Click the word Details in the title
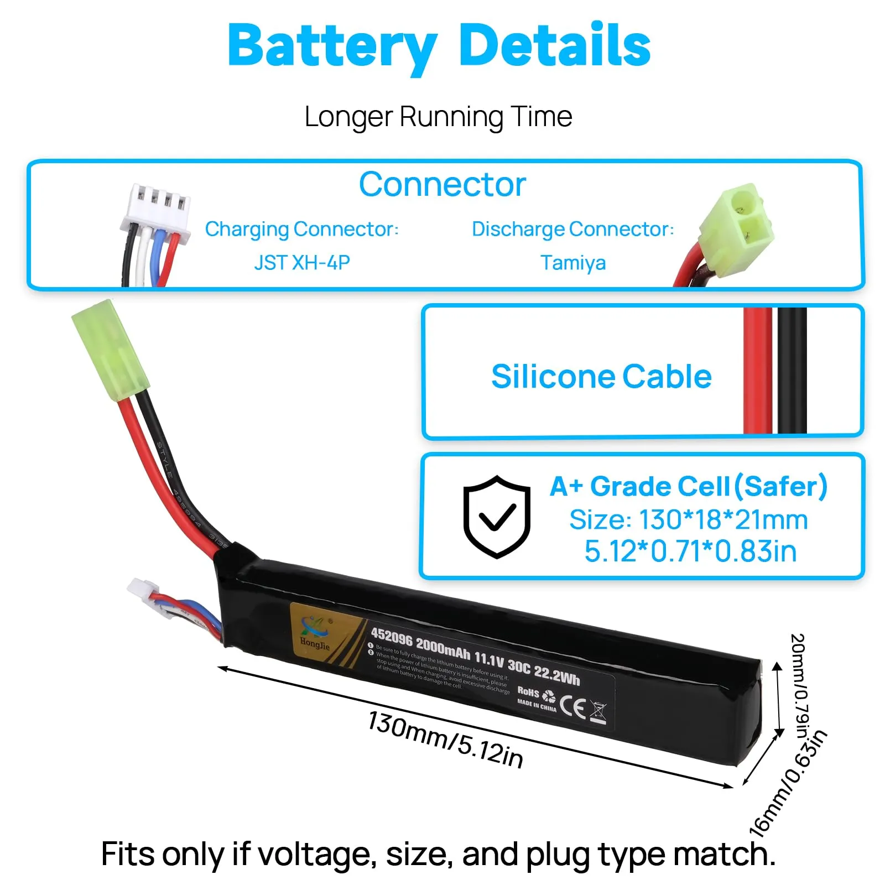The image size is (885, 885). point(554,45)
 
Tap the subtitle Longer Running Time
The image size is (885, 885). point(438,117)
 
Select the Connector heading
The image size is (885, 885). point(442,184)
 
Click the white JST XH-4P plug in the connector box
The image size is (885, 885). point(157,213)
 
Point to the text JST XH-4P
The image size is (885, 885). point(302,262)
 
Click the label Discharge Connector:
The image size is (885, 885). point(572,229)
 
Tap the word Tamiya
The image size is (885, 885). point(573,262)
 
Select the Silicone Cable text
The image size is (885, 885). point(601,377)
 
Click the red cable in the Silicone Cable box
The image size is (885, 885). point(757,371)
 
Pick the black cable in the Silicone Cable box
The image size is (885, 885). point(792,371)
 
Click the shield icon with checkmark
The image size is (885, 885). point(497,516)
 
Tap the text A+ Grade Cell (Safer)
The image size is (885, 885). point(689,487)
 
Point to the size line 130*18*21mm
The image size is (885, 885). point(689,520)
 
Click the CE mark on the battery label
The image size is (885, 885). point(572,706)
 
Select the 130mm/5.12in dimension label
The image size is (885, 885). point(445,740)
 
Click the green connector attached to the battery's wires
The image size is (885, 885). point(110,347)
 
